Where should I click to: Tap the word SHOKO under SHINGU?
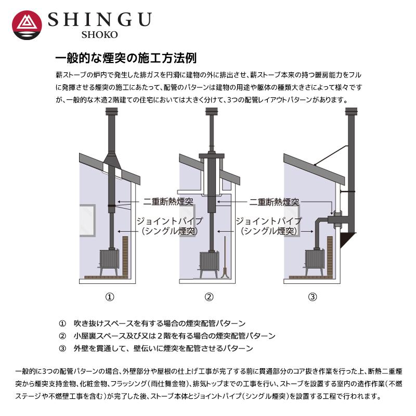click(99, 35)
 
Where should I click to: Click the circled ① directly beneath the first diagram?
click(110, 297)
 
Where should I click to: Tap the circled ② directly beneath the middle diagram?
click(209, 297)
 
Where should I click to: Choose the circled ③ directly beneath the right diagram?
click(312, 297)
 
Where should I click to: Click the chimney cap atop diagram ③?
click(350, 110)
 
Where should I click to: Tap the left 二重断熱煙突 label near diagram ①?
click(168, 201)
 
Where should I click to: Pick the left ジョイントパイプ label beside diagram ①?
click(169, 221)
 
